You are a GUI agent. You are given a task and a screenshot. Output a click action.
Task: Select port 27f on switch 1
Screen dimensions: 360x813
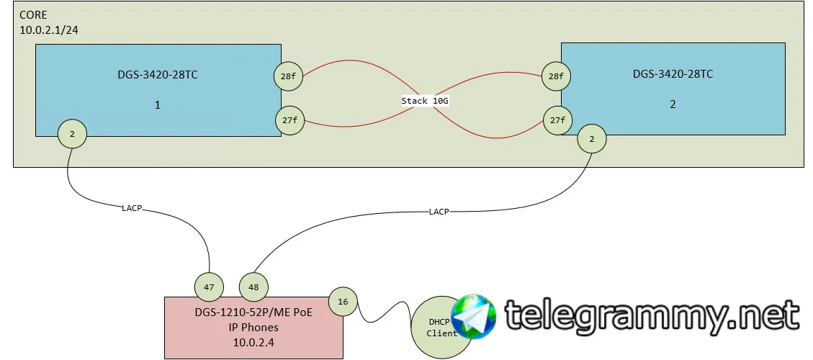click(289, 121)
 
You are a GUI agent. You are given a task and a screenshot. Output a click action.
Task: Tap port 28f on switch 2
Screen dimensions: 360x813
click(555, 76)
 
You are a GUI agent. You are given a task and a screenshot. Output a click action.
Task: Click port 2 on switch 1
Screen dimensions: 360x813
click(72, 134)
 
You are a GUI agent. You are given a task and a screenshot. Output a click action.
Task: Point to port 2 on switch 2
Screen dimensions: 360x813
click(592, 139)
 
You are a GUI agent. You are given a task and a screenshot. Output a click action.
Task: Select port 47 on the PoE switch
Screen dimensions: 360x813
click(209, 287)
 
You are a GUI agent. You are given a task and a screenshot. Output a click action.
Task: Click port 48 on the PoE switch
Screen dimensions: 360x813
click(253, 287)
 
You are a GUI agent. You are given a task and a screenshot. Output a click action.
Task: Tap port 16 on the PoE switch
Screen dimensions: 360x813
click(343, 302)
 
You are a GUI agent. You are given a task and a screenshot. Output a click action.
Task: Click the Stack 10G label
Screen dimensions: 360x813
click(425, 101)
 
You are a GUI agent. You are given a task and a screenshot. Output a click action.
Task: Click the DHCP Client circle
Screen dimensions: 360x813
click(441, 328)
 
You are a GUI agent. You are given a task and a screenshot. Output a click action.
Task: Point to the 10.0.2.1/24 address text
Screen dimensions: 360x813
click(50, 30)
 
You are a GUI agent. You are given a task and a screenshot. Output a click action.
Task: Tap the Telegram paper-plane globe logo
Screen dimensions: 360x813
click(474, 317)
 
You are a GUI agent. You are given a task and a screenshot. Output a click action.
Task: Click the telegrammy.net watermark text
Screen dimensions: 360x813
click(652, 316)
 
